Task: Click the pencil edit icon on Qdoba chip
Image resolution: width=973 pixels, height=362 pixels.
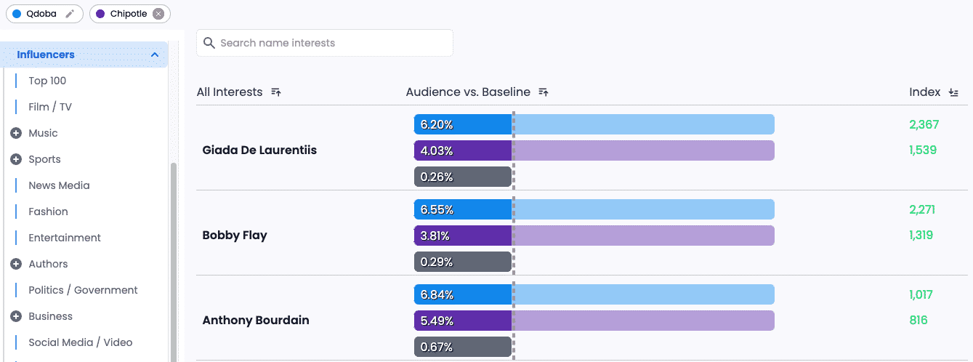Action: pyautogui.click(x=70, y=14)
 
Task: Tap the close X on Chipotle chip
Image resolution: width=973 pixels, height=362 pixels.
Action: pyautogui.click(x=158, y=14)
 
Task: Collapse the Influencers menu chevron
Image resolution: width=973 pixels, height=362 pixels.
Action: pyautogui.click(x=155, y=55)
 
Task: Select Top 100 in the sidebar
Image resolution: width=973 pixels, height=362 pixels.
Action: pyautogui.click(x=47, y=81)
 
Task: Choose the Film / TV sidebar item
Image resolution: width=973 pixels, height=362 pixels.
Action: pyautogui.click(x=50, y=107)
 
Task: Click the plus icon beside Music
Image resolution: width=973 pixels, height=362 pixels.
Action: pyautogui.click(x=16, y=133)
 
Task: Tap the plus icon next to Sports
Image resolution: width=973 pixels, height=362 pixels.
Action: pyautogui.click(x=16, y=159)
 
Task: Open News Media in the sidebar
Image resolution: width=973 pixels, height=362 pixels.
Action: pyautogui.click(x=59, y=185)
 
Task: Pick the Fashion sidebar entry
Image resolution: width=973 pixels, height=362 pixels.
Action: pyautogui.click(x=48, y=212)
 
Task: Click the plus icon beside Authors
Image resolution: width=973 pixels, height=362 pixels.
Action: pyautogui.click(x=16, y=264)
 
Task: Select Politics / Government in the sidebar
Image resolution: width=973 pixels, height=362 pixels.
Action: pyautogui.click(x=83, y=290)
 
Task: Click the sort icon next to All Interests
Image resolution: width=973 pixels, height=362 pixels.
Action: pyautogui.click(x=276, y=92)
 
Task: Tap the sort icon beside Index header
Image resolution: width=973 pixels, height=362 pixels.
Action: pyautogui.click(x=954, y=92)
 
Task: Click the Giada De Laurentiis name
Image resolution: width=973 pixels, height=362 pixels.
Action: pyautogui.click(x=259, y=150)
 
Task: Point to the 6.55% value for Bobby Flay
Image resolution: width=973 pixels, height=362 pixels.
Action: pyautogui.click(x=437, y=210)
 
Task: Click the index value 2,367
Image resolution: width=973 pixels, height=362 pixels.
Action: pyautogui.click(x=924, y=124)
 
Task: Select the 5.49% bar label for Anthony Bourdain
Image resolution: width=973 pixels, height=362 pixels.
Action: pyautogui.click(x=437, y=321)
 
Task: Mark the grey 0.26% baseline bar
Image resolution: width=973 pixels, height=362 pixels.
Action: pyautogui.click(x=463, y=177)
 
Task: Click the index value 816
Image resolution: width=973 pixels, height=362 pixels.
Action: pyautogui.click(x=919, y=320)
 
